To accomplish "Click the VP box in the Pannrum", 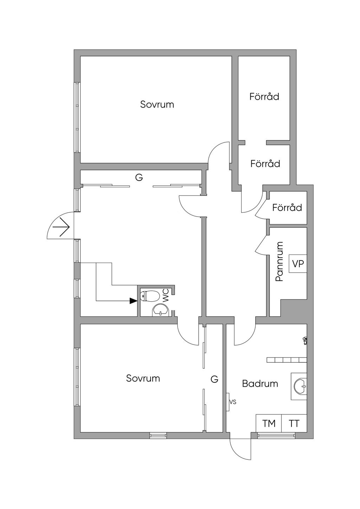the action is (x=298, y=264).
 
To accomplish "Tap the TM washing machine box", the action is (x=269, y=424).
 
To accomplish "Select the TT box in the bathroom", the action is (x=294, y=424).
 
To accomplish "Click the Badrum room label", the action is (x=260, y=384).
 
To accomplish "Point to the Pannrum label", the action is (x=279, y=262).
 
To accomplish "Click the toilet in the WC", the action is (x=149, y=296).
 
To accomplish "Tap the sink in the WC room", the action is (x=161, y=310).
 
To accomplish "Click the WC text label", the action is (x=166, y=295).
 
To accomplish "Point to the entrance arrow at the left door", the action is (x=61, y=227).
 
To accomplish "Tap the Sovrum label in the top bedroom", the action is (x=157, y=104).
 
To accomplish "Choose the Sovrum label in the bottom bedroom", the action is (x=143, y=378).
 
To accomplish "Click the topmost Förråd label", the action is (x=264, y=96).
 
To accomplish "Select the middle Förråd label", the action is (x=265, y=163).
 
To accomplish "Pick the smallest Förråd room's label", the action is (x=287, y=207).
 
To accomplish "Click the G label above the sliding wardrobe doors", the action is (x=139, y=178).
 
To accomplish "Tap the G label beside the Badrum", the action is (x=214, y=379).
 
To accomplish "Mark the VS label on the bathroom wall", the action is (x=232, y=402).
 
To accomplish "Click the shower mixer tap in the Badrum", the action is (x=305, y=340).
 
